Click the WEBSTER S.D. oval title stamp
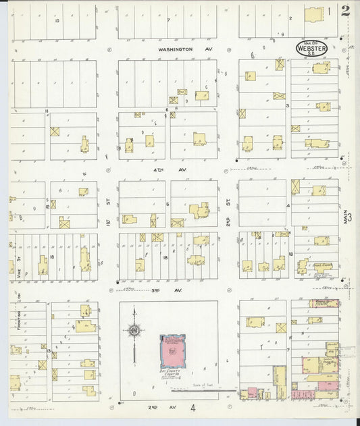click(x=311, y=48)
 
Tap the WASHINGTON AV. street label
click(x=176, y=49)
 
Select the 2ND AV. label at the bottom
click(x=158, y=408)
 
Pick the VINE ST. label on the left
click(x=20, y=260)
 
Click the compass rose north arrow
click(x=134, y=331)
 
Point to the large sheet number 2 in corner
click(x=346, y=11)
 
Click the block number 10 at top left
click(x=57, y=20)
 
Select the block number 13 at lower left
click(x=48, y=350)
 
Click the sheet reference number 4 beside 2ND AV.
click(x=192, y=408)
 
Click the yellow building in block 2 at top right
click(x=313, y=14)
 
